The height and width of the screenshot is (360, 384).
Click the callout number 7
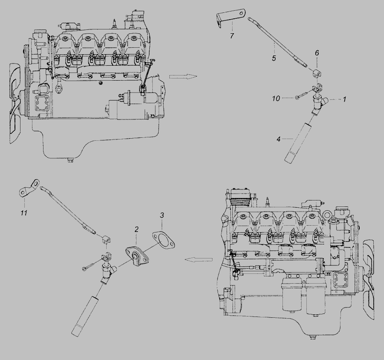(x=232, y=36)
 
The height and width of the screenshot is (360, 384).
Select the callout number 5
(x=274, y=58)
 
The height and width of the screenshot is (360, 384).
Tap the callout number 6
(x=317, y=53)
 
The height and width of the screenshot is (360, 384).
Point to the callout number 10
(x=276, y=99)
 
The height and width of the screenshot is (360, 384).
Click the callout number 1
(x=344, y=99)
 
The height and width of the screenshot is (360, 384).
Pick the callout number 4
(x=279, y=139)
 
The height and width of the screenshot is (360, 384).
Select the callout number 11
(x=23, y=213)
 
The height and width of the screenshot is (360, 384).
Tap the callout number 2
(x=137, y=229)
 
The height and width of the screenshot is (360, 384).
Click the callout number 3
(x=162, y=215)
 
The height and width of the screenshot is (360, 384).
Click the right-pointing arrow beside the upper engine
(x=183, y=77)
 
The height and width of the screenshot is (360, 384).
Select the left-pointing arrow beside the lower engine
(x=198, y=260)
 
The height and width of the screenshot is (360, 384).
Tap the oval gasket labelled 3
(x=163, y=240)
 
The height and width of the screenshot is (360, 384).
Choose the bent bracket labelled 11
(x=29, y=188)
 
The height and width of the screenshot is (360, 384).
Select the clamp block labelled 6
(x=317, y=73)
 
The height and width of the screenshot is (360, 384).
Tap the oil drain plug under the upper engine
(x=71, y=161)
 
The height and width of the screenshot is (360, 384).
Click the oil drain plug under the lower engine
(x=312, y=338)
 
